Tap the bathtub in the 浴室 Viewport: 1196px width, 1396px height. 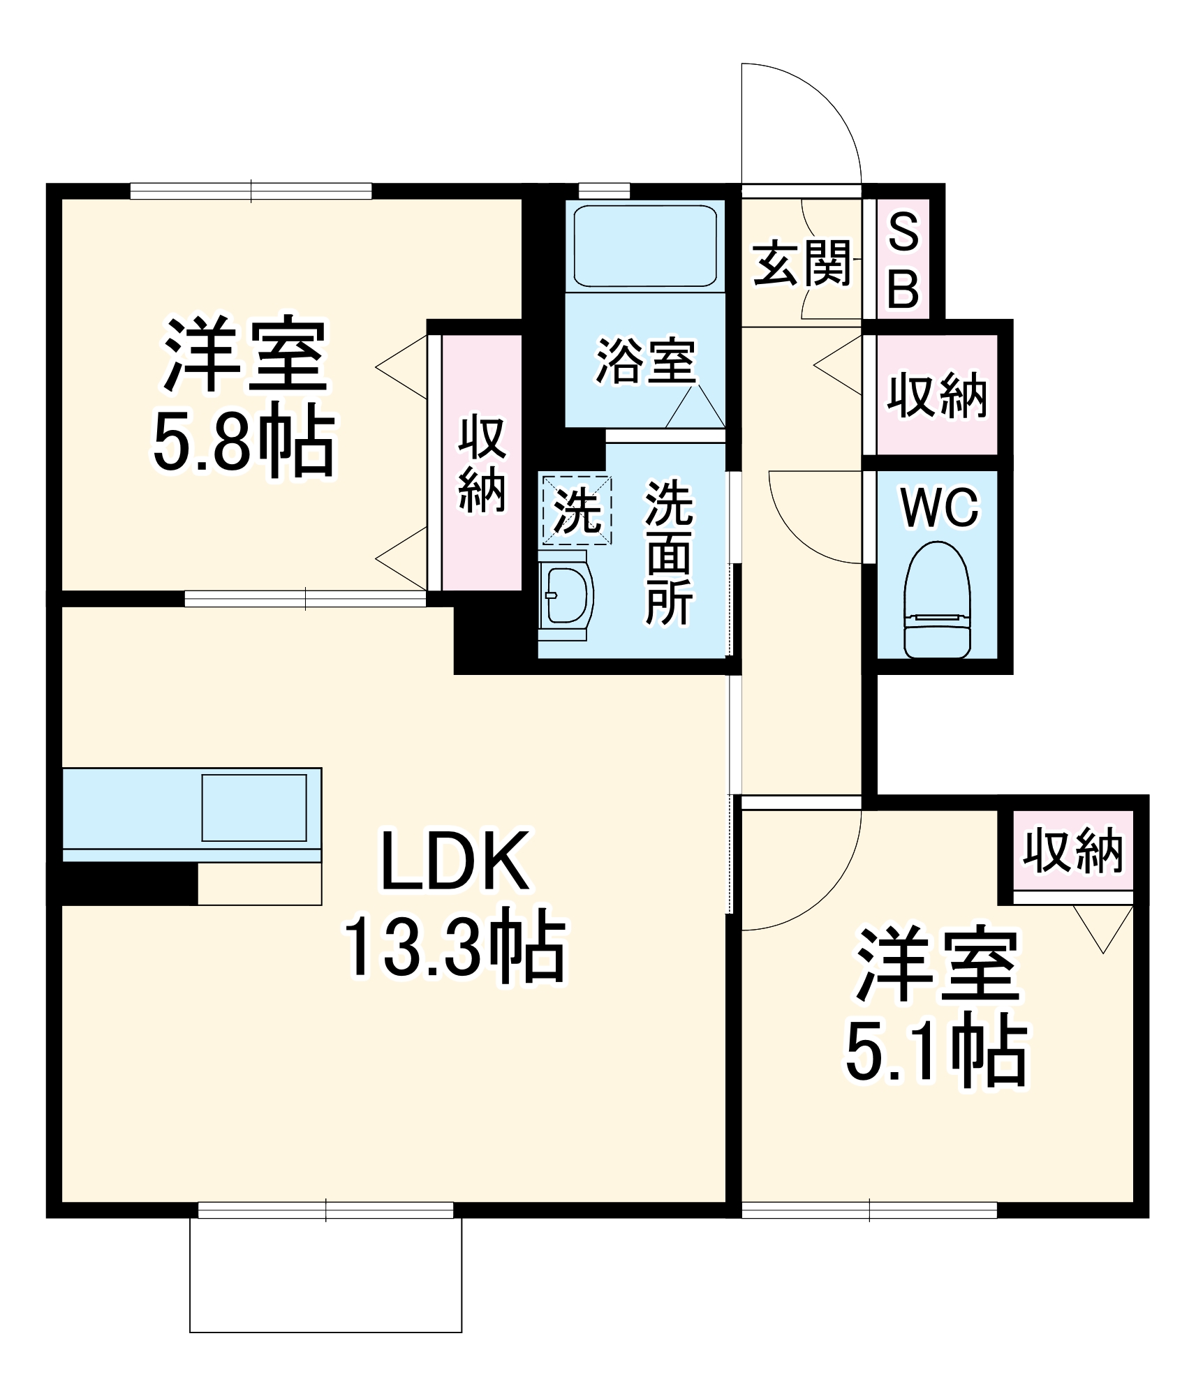click(x=644, y=245)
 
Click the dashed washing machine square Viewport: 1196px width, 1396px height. click(x=577, y=510)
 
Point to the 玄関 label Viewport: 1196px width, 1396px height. click(x=802, y=263)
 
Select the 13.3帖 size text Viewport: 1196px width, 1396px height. click(x=455, y=947)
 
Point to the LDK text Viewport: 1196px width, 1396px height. click(x=455, y=861)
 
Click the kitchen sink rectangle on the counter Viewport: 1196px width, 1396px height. click(x=254, y=808)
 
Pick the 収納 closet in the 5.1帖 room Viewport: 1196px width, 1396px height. click(x=1072, y=851)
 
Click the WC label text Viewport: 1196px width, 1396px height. click(x=940, y=507)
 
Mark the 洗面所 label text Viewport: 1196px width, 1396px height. click(x=668, y=551)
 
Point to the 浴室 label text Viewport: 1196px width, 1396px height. click(x=645, y=361)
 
